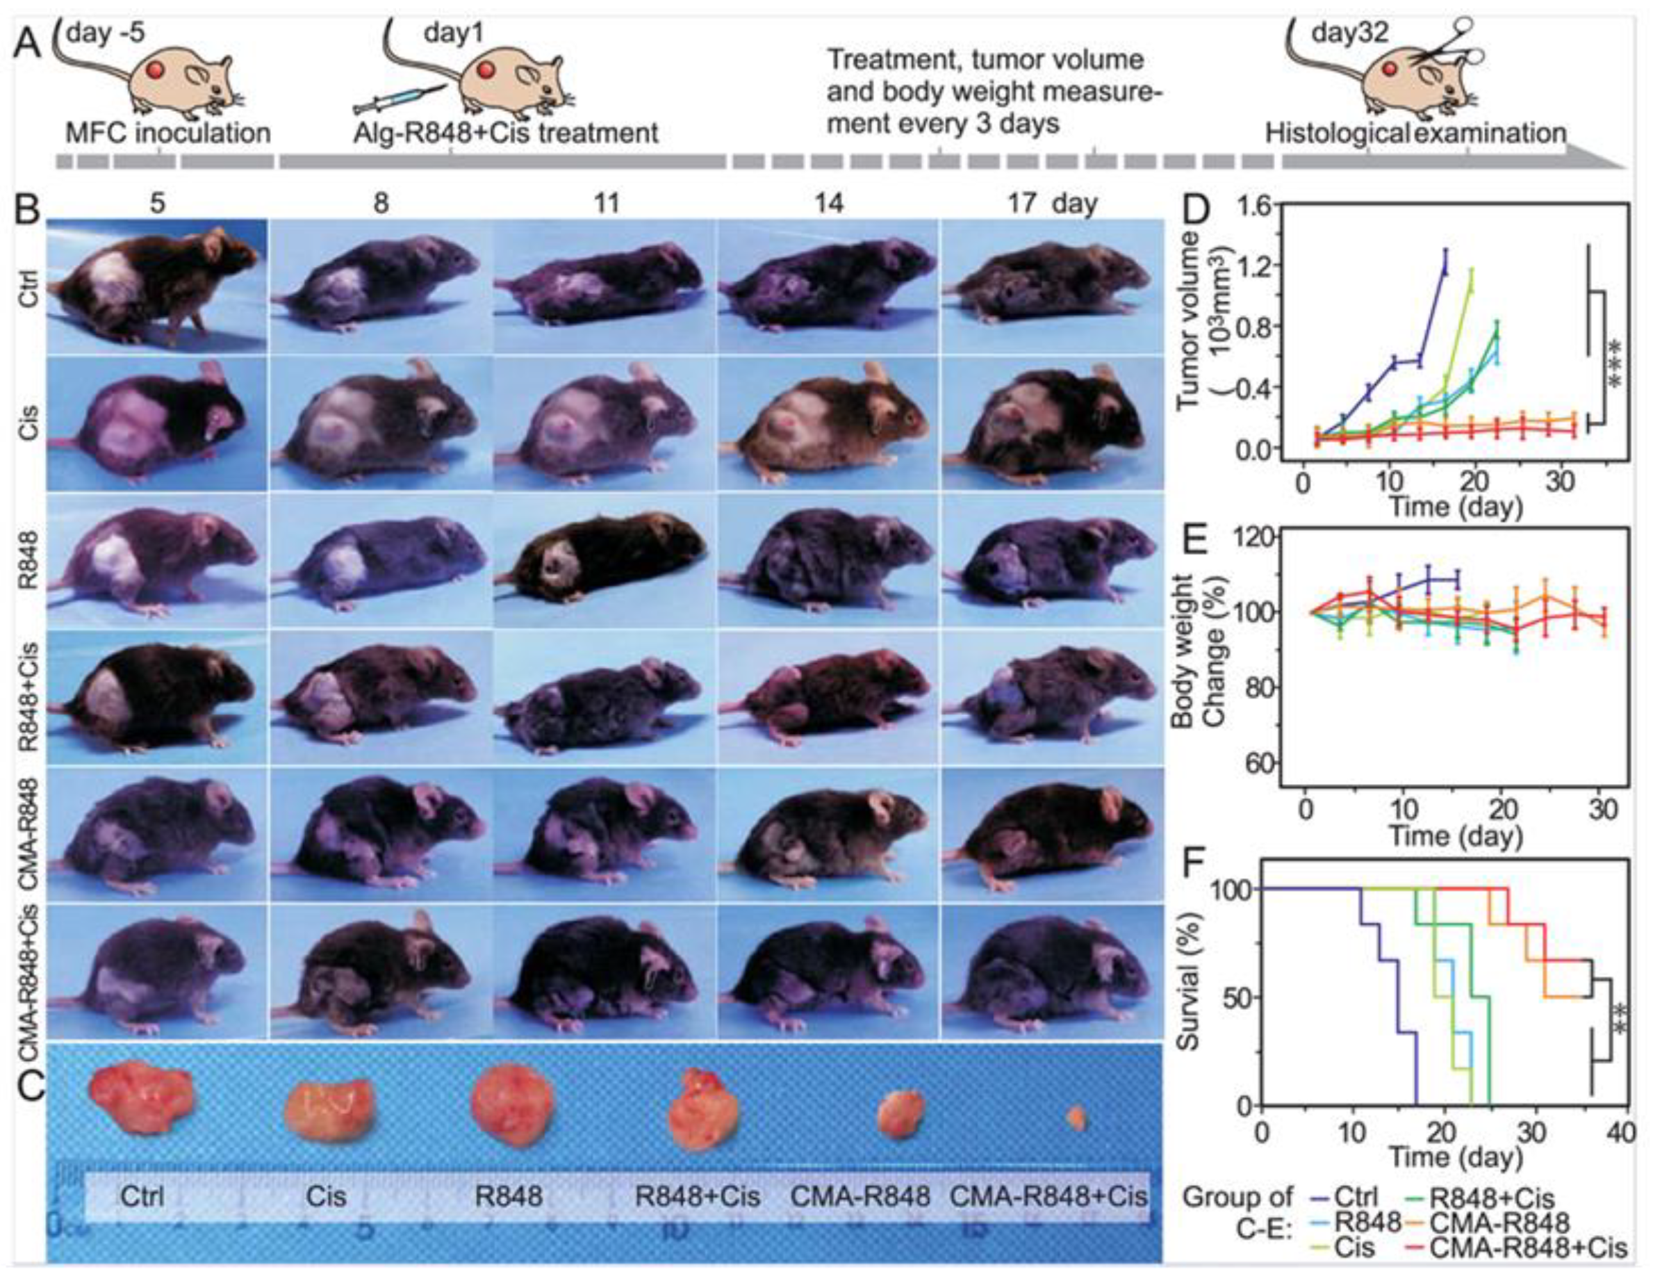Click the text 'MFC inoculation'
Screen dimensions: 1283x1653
pos(168,134)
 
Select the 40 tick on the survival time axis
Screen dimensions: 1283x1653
pos(1620,1133)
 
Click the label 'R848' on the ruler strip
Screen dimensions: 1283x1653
pos(508,1196)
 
